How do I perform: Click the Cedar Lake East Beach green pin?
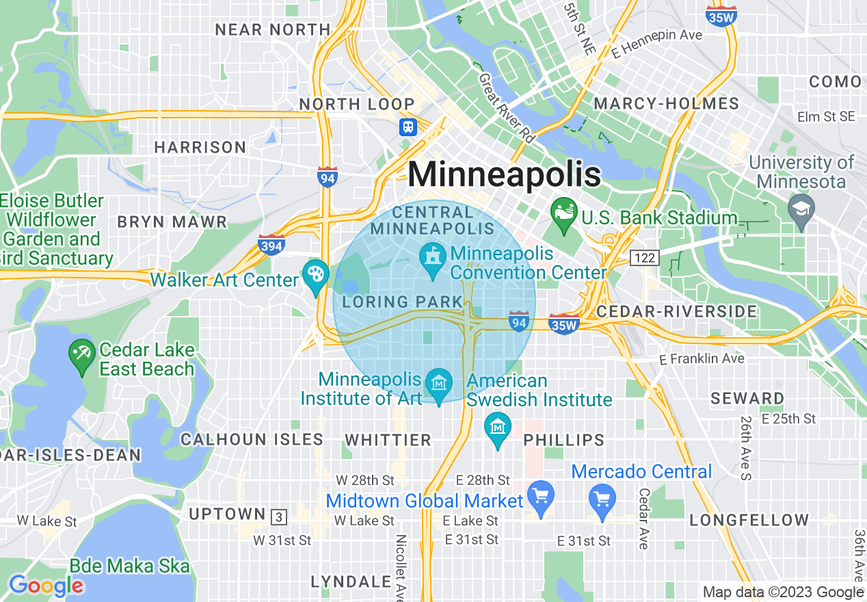pyautogui.click(x=82, y=355)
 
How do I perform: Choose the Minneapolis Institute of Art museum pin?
pyautogui.click(x=438, y=383)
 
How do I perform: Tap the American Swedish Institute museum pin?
pyautogui.click(x=498, y=427)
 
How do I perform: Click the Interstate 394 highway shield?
pyautogui.click(x=271, y=244)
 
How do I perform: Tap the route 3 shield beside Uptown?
pyautogui.click(x=278, y=516)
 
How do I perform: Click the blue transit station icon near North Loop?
pyautogui.click(x=408, y=127)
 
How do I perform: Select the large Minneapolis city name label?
pyautogui.click(x=505, y=174)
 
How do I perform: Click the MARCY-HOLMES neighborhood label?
pyautogui.click(x=667, y=104)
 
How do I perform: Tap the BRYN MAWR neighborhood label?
pyautogui.click(x=172, y=222)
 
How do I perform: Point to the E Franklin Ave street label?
pyautogui.click(x=702, y=358)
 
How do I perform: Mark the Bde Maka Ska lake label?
pyautogui.click(x=129, y=566)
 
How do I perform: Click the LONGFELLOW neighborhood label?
pyautogui.click(x=749, y=521)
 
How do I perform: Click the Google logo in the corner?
pyautogui.click(x=46, y=586)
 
